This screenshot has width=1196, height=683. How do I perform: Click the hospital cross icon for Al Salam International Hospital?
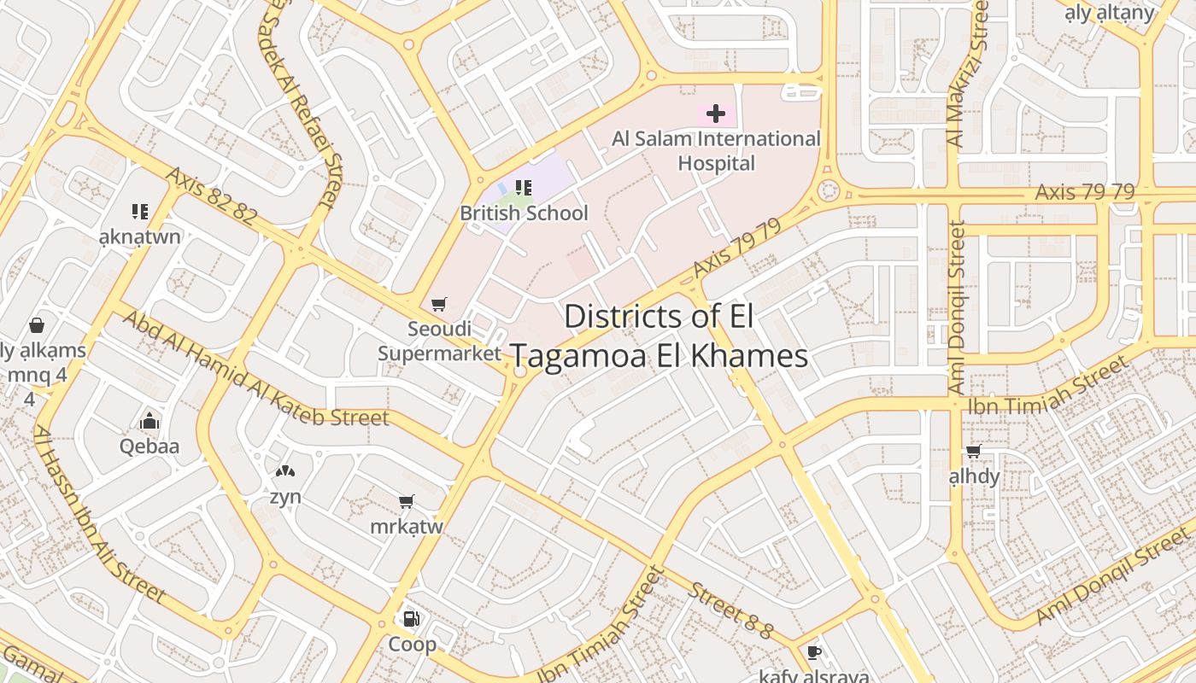[716, 114]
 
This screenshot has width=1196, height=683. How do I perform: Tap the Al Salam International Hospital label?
[716, 150]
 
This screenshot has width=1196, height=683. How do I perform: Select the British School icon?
[524, 188]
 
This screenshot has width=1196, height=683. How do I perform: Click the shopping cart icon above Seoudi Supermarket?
[439, 305]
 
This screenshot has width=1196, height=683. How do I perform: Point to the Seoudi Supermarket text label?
[439, 341]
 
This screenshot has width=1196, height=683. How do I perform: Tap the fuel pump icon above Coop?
[412, 619]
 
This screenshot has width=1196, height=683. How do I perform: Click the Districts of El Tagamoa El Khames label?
[659, 336]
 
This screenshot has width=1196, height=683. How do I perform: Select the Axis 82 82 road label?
[211, 196]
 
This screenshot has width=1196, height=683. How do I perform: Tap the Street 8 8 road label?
[731, 610]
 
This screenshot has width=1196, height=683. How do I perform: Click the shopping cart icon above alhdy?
[973, 451]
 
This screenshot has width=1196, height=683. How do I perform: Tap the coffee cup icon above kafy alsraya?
[814, 653]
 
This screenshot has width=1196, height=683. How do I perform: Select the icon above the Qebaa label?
[149, 421]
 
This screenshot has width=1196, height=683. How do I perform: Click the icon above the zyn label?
[284, 471]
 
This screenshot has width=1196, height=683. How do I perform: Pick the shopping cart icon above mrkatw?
[407, 502]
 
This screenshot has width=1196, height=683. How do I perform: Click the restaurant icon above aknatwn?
[140, 212]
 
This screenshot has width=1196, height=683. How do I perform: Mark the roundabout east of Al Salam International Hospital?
[827, 191]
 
